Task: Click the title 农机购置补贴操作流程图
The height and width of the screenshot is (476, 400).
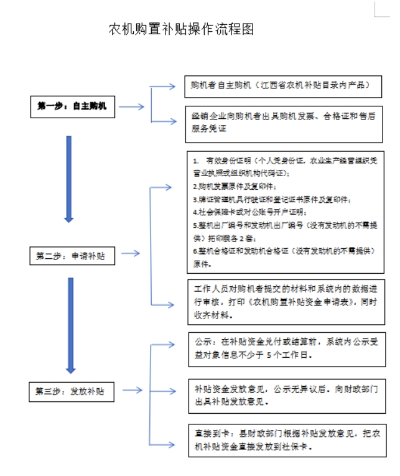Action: pos(181,30)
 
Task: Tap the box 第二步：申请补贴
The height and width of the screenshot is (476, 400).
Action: pos(72,254)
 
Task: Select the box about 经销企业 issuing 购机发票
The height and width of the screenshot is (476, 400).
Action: pos(284,122)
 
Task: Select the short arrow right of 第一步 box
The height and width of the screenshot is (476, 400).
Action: pos(131,106)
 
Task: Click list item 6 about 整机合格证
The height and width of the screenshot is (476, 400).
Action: pos(280,257)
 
